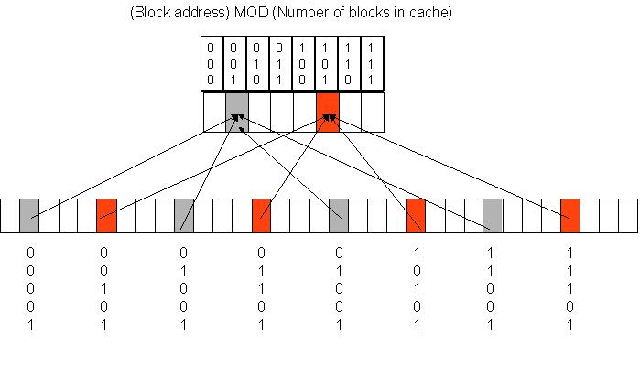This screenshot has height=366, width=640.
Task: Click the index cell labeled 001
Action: pos(236,62)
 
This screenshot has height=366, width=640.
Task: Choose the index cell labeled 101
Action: pos(327,62)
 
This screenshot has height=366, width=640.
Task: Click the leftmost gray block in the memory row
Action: pos(29,215)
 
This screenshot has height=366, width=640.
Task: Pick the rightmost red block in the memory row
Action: pos(570,215)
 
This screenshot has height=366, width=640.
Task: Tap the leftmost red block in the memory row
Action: pos(107,215)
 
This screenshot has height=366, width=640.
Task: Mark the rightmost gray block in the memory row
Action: pos(494,215)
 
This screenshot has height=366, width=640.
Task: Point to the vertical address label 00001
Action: pos(29,287)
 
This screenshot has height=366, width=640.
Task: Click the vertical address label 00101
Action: pos(105,287)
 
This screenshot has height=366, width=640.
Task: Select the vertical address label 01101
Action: pos(262,287)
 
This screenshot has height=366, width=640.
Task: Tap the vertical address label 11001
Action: pos(493,287)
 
